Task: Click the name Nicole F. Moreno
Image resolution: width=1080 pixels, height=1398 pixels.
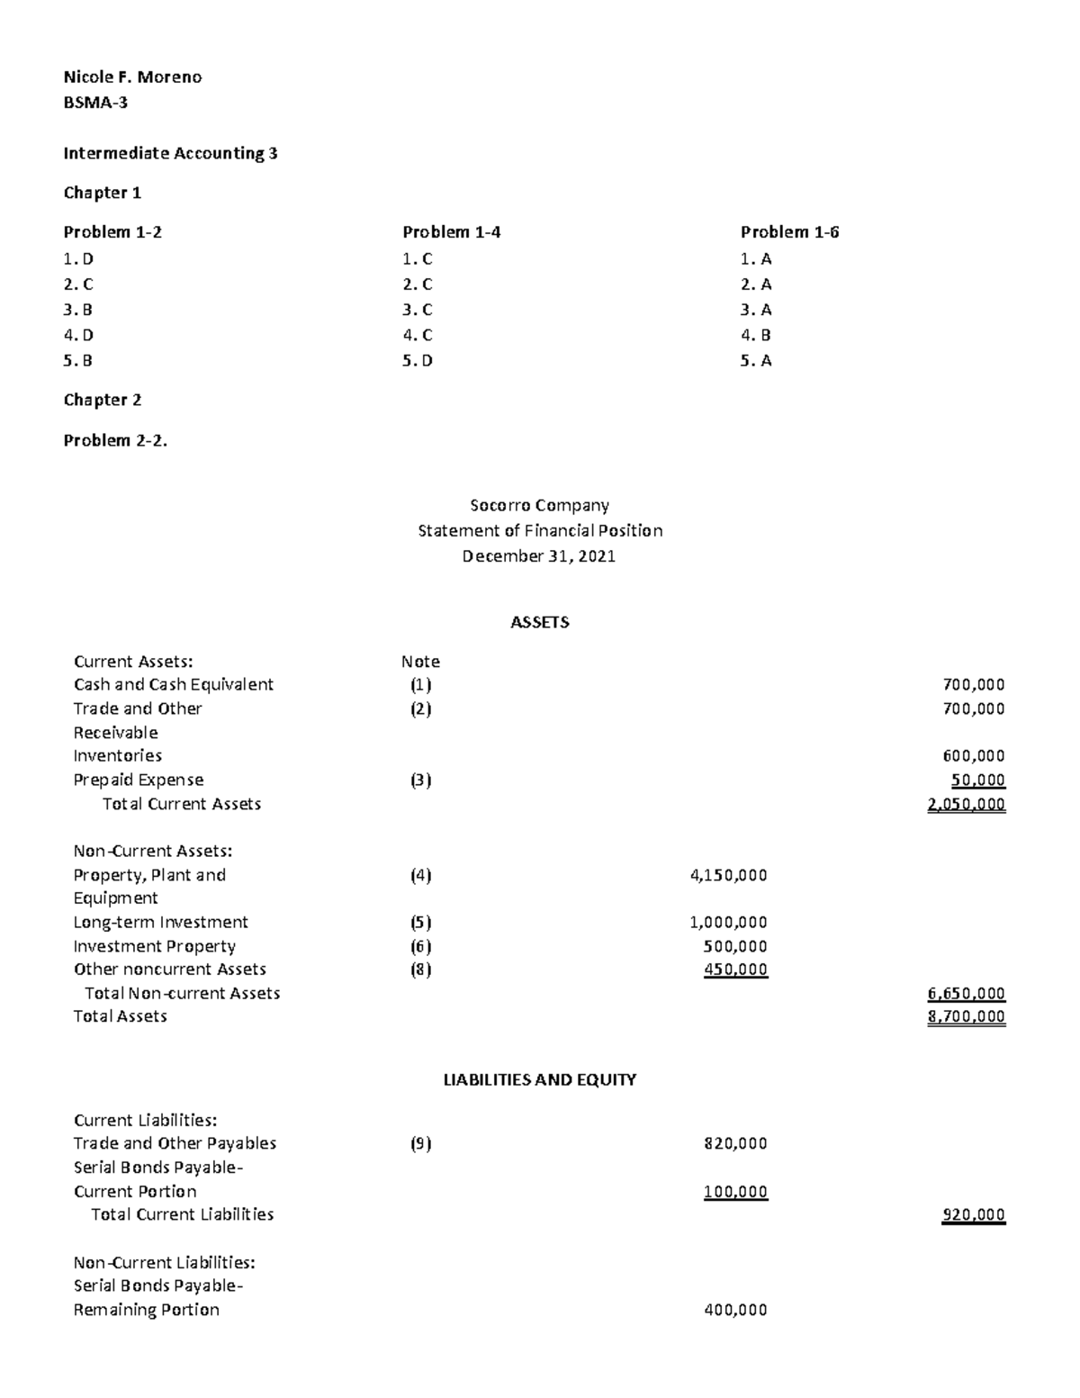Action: (x=132, y=77)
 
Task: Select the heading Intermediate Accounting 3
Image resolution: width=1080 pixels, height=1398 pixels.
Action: (x=170, y=153)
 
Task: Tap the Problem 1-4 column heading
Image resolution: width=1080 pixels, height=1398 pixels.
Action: (x=451, y=232)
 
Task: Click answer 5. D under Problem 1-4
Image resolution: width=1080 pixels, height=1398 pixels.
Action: (x=418, y=361)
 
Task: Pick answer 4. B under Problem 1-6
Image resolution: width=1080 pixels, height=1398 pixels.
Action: (x=756, y=335)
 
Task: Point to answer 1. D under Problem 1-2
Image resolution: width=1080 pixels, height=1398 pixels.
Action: (x=78, y=259)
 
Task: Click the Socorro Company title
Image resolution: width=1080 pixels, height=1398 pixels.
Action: (x=539, y=506)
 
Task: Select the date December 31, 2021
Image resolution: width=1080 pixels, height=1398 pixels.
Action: (x=539, y=556)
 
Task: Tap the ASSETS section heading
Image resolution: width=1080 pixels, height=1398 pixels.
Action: (x=539, y=622)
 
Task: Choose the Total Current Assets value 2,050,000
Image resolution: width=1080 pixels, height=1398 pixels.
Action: (x=966, y=804)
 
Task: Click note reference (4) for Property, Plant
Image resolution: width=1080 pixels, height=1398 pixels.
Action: (x=420, y=875)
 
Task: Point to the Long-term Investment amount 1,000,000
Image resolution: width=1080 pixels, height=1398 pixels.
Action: (x=728, y=922)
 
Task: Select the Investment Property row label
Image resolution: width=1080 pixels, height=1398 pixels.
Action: (x=155, y=946)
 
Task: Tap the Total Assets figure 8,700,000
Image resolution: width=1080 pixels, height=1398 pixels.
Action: (x=966, y=1016)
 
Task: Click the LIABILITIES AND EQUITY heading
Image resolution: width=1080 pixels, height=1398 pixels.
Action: (x=539, y=1079)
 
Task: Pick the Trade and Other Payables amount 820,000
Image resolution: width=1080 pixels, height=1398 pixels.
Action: (x=734, y=1143)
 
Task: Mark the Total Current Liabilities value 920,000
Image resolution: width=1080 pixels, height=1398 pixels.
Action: (x=973, y=1214)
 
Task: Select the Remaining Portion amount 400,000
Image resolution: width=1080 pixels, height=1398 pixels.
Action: (x=734, y=1310)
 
